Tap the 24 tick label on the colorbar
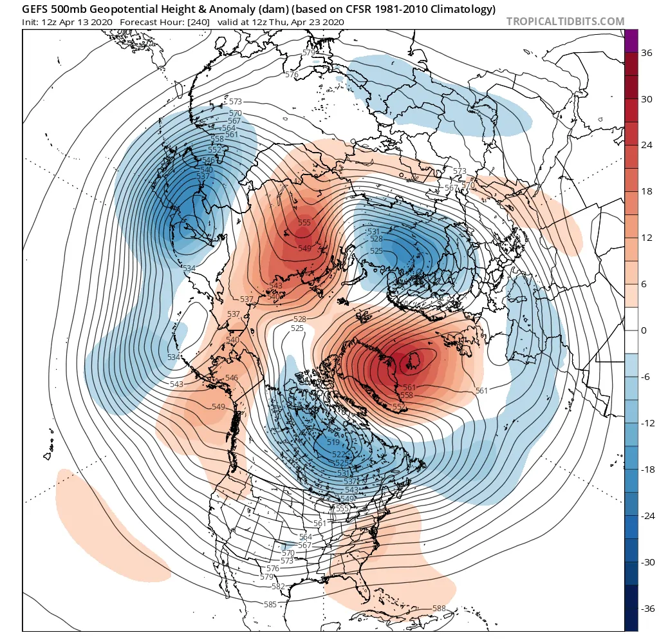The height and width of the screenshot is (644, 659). [647, 146]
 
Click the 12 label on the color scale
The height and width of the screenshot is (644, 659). [647, 238]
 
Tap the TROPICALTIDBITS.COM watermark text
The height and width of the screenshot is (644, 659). [565, 21]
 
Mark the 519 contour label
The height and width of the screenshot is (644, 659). [333, 442]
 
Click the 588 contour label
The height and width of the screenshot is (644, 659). [439, 609]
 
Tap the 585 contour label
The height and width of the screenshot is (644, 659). [270, 604]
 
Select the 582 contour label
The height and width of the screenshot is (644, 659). [278, 586]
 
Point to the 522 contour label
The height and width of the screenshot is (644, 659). [339, 455]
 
